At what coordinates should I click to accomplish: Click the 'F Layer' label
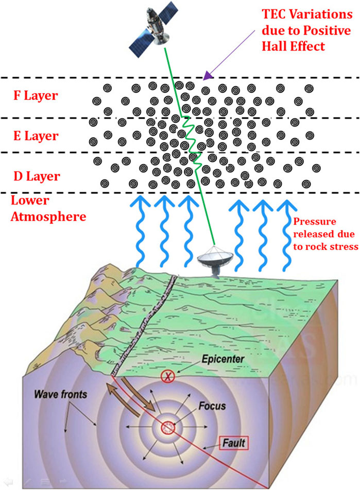pos(36,96)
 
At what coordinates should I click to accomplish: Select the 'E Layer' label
pos(36,136)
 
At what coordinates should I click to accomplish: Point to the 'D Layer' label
pos(36,176)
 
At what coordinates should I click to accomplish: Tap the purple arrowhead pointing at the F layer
pos(208,76)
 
